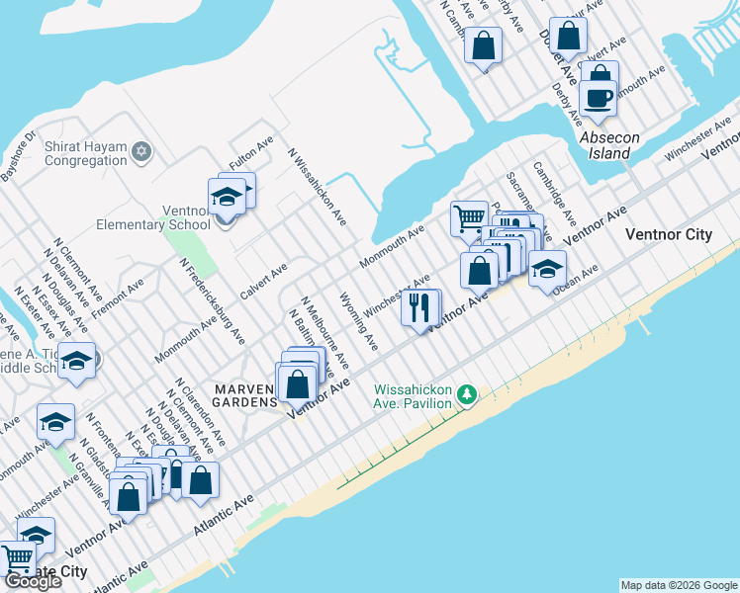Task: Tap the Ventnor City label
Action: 669,235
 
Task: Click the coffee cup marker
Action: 598,99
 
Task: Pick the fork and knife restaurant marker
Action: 420,307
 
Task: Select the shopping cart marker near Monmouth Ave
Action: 469,218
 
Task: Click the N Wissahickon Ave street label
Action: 316,186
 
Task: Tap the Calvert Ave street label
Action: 264,282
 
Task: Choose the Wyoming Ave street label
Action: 357,321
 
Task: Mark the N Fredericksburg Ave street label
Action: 211,300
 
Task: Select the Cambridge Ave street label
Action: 554,194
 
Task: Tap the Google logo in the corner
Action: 33,581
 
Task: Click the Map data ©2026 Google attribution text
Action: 679,585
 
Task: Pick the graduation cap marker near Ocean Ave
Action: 547,268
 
